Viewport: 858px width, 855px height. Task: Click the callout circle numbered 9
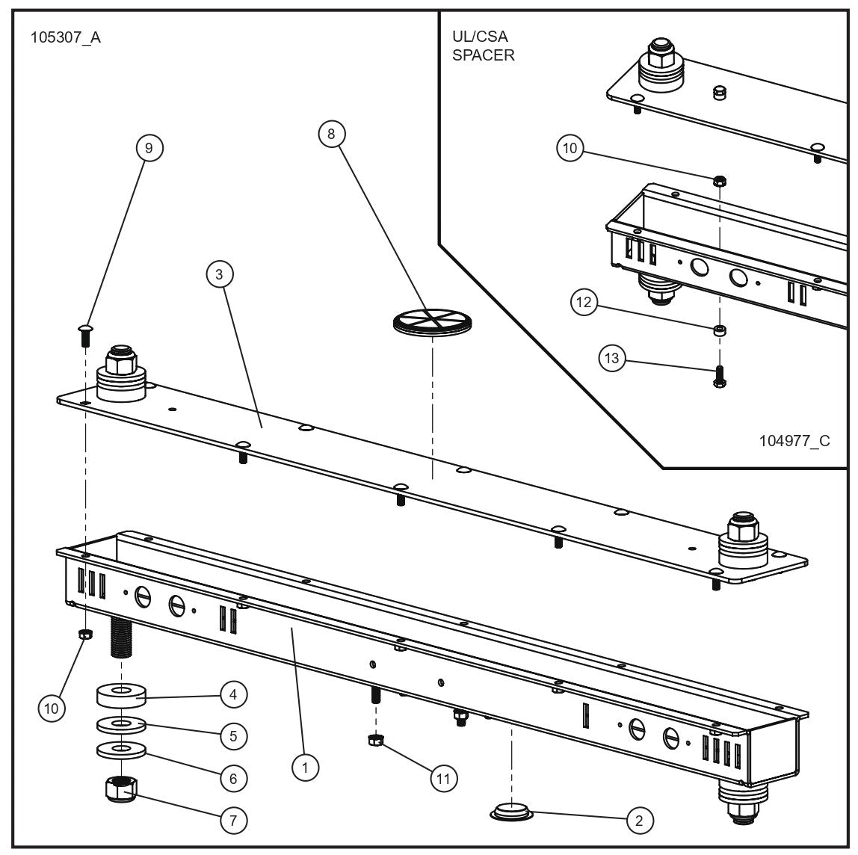(x=149, y=148)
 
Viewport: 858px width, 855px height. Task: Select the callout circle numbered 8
(x=332, y=134)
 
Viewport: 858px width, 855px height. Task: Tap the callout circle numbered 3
(x=219, y=274)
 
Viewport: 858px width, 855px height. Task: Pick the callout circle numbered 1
(x=305, y=766)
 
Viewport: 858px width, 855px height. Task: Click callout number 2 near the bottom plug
(x=638, y=820)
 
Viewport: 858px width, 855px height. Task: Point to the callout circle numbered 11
(x=442, y=778)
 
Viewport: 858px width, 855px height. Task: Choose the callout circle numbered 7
(x=233, y=820)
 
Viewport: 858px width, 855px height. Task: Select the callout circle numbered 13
(x=612, y=359)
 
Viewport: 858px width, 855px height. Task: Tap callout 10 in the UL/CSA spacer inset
(x=570, y=148)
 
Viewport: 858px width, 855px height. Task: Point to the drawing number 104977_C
(x=794, y=441)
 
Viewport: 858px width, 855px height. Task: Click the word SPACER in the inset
(x=483, y=55)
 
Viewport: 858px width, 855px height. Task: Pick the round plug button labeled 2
(x=510, y=812)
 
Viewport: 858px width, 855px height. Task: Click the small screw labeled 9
(x=85, y=333)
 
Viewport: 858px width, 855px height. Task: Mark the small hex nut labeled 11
(x=375, y=741)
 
